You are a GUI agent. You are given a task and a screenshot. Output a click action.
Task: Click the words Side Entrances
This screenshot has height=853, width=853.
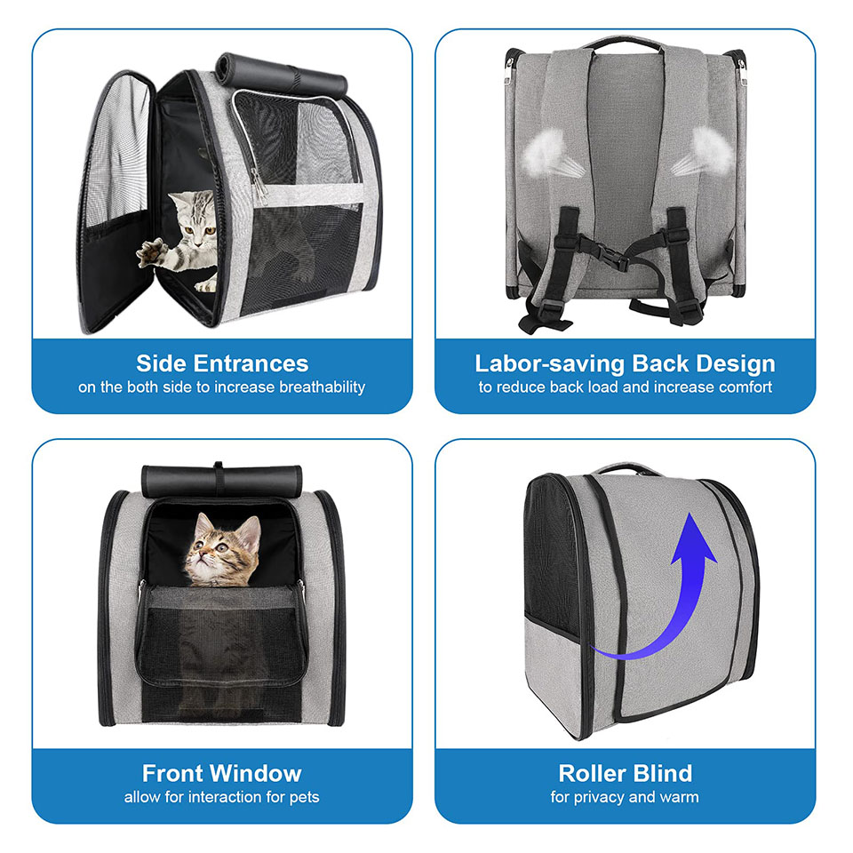[222, 363]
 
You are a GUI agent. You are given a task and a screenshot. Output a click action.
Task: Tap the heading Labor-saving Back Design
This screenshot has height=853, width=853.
[625, 364]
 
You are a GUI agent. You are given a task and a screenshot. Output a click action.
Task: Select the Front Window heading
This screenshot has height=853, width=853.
[222, 773]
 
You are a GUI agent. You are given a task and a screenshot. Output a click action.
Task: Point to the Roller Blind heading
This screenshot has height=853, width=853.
[625, 773]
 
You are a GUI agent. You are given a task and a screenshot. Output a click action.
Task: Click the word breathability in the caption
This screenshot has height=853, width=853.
[322, 387]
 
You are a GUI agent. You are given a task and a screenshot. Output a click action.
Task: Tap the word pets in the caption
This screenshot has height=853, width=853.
[304, 798]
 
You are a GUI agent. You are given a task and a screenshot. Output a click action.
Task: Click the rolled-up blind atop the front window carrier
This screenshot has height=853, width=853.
[221, 478]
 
